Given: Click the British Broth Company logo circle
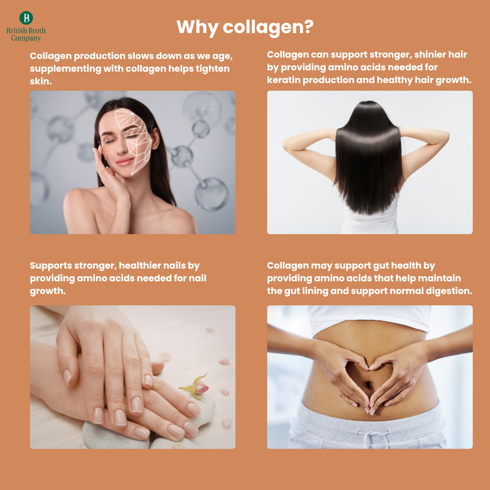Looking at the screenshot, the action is click(26, 18).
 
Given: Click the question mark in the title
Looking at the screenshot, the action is click(308, 27).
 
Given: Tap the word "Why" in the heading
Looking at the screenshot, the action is click(197, 28).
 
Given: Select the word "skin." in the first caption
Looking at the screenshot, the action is click(41, 81).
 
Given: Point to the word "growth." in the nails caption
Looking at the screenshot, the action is click(48, 291).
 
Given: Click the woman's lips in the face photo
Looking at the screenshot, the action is click(124, 162).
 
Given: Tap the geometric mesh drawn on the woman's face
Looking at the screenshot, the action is click(134, 141).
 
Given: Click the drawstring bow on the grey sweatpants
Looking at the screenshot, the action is click(373, 436).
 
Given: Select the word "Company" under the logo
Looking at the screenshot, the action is click(26, 39).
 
